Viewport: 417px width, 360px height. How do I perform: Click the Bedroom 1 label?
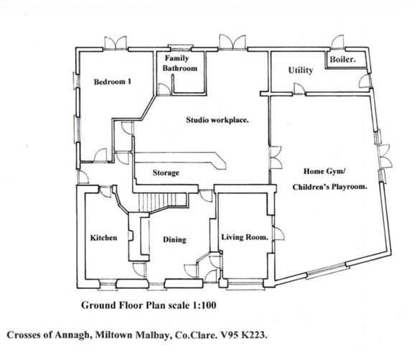(x=113, y=81)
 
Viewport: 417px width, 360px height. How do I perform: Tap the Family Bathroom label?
(x=179, y=63)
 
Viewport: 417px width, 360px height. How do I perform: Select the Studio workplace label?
(x=217, y=120)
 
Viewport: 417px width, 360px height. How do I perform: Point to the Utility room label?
(x=301, y=70)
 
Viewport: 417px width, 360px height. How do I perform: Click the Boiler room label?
(x=343, y=59)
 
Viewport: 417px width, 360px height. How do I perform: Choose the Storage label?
(x=166, y=172)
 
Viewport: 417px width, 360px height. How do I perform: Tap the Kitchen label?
(x=104, y=238)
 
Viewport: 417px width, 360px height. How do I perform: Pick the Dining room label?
(x=174, y=240)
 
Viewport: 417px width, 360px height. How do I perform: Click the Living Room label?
(x=245, y=237)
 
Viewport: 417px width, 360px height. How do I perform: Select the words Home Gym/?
(x=324, y=171)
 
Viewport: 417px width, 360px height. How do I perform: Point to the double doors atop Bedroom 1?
(x=116, y=43)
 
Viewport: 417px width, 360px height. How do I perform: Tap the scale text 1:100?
(x=203, y=305)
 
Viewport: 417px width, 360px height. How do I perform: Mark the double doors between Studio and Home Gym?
(x=276, y=157)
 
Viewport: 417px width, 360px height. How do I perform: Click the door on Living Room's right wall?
(x=278, y=234)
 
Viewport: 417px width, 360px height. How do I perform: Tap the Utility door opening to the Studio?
(x=299, y=88)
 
